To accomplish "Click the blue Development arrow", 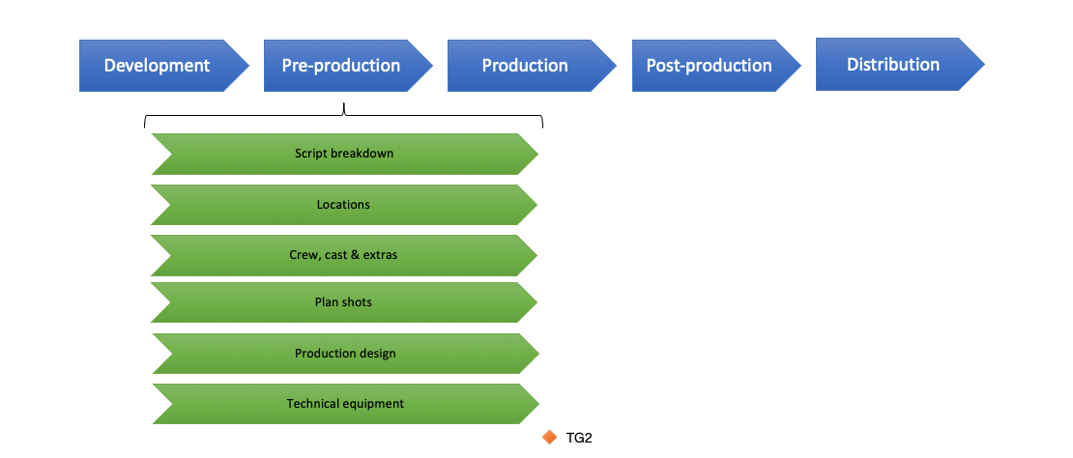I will coord(157,66).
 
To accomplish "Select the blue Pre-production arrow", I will coord(341,66).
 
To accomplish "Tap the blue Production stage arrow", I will coord(525,66).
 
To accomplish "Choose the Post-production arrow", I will coord(709,66).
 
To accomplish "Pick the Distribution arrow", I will coord(893,65).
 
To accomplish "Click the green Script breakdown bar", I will coord(344,154).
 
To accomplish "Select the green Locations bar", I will coord(343,205).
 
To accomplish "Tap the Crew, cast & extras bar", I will coord(343,255).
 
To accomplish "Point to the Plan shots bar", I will coord(343,302).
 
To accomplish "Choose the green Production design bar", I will coord(345,354).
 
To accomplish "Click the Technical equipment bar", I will coord(345,404).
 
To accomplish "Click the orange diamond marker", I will coord(550,438).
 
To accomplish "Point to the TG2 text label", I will coord(578,439).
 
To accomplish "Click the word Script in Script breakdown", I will coord(310,154).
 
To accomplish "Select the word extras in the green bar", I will coord(380,255).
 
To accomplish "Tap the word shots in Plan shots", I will coord(356,302).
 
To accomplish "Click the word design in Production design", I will coord(378,354).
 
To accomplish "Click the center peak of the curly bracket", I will coord(343,108).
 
